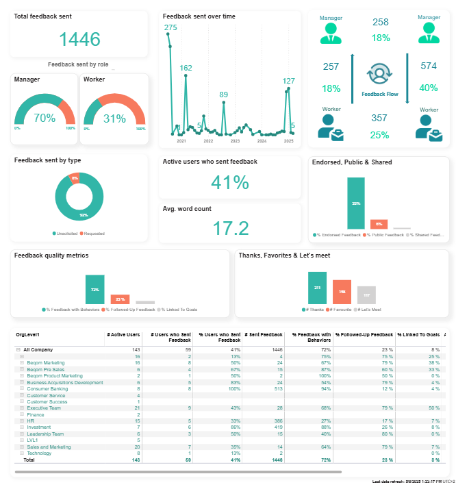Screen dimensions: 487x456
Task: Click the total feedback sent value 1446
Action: [79, 39]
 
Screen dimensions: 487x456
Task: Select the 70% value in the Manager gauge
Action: [45, 118]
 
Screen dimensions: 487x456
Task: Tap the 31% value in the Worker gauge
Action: [114, 118]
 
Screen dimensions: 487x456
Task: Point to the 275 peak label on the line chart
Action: [170, 27]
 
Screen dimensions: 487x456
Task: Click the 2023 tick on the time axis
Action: [235, 141]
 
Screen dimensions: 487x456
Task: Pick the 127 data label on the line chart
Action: [289, 82]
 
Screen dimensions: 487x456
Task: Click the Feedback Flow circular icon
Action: [379, 74]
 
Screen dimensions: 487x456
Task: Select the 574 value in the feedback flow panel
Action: [429, 66]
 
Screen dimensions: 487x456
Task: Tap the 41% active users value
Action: [230, 182]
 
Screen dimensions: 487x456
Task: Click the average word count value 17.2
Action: [230, 228]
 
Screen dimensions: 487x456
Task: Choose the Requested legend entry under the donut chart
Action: [92, 234]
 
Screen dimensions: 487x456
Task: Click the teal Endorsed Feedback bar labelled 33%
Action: [356, 203]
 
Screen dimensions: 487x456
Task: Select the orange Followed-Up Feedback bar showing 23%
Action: [120, 299]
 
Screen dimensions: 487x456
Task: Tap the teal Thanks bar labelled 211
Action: [317, 287]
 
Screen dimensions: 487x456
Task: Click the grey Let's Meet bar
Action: [366, 295]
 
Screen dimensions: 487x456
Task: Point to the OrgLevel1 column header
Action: [27, 334]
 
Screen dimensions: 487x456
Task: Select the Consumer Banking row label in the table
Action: [47, 388]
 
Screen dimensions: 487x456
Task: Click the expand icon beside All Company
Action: [18, 349]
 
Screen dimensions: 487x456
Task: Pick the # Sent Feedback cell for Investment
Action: [264, 427]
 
